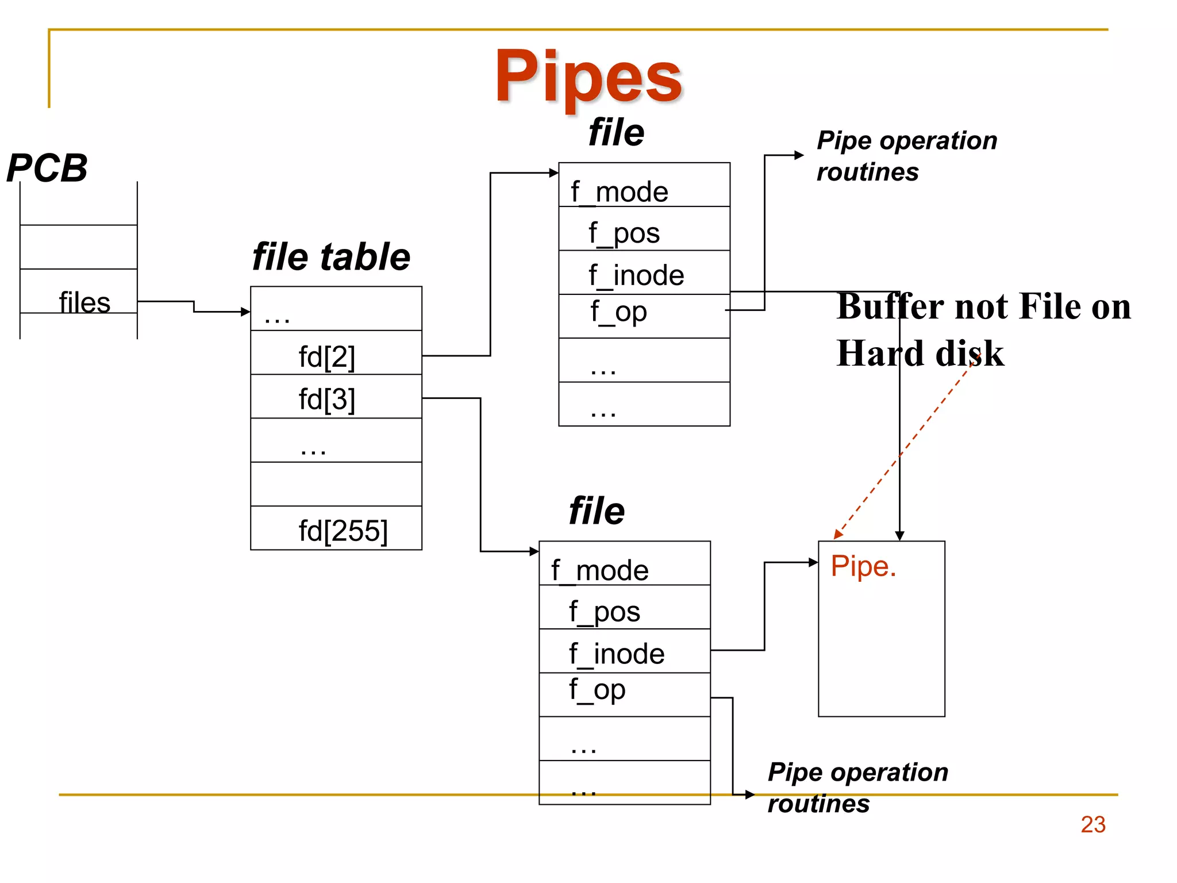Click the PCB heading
(x=47, y=168)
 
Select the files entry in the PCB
(x=84, y=302)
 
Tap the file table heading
(x=331, y=256)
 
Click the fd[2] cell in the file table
(x=326, y=356)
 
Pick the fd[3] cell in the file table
(x=326, y=398)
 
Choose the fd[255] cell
(x=343, y=530)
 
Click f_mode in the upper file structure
(x=619, y=191)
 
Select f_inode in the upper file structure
(x=636, y=275)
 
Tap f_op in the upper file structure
(x=618, y=312)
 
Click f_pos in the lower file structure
(x=604, y=611)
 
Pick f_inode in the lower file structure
(x=616, y=654)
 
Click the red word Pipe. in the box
(x=863, y=566)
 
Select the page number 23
(x=1093, y=824)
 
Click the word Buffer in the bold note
(x=890, y=306)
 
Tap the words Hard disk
(x=920, y=353)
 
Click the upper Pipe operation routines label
(x=906, y=156)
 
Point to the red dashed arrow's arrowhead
(x=838, y=535)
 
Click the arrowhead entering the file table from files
(x=246, y=312)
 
